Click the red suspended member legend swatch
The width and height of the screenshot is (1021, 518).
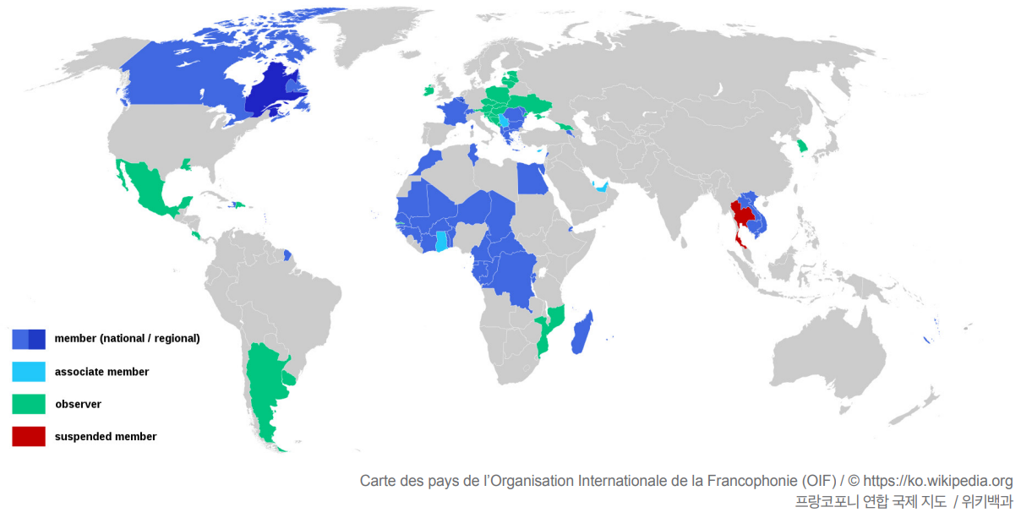point(29,437)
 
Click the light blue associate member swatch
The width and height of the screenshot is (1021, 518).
point(29,372)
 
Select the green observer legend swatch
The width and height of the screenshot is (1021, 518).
point(29,404)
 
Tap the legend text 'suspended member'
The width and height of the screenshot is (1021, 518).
point(106,437)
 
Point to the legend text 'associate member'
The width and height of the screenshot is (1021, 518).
point(101,372)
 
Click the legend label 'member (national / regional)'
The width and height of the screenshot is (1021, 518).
point(127,339)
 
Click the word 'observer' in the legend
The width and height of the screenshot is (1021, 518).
point(78,404)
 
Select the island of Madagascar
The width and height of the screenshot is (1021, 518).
point(581,332)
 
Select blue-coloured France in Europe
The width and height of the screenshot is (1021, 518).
point(453,112)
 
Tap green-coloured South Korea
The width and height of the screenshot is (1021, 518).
point(803,145)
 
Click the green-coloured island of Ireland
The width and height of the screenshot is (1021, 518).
point(428,89)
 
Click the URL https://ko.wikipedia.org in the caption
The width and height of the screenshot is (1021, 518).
point(937,481)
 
